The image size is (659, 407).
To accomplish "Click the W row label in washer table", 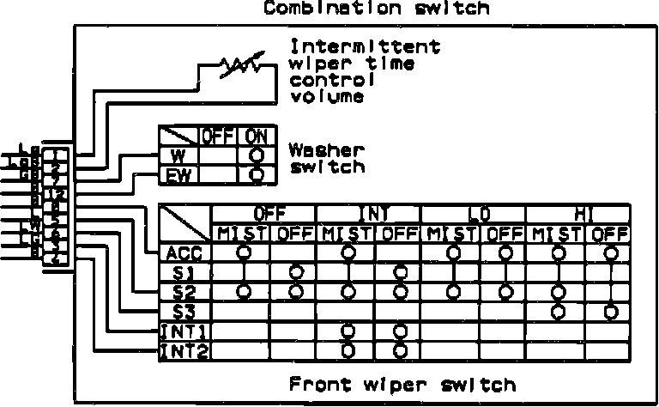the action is coord(178,156).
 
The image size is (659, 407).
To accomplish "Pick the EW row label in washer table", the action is coord(178,175).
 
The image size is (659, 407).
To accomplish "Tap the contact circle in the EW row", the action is coord(255,175).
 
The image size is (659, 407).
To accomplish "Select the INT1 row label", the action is coord(185,331).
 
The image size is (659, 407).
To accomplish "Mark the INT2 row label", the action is coord(185,349).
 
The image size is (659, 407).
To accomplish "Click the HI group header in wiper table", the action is coord(577,213).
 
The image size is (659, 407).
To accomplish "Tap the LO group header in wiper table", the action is coord(473,213).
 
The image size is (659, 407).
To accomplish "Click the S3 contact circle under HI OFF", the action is coord(610,311).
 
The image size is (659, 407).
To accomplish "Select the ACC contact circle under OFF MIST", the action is coord(244,252).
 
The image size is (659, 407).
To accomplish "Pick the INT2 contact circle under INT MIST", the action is coord(348,349).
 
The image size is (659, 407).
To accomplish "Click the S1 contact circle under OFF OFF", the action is coord(295,272).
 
